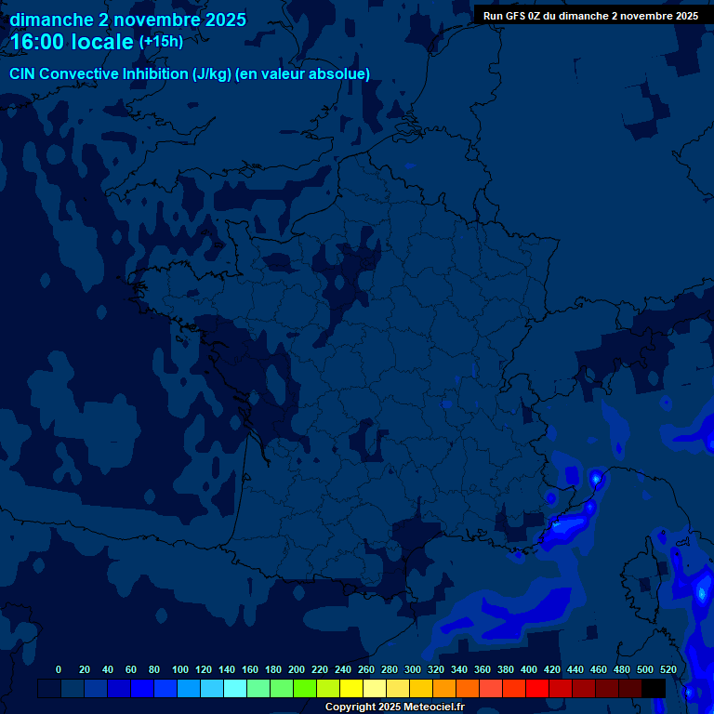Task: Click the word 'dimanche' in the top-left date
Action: [x=50, y=20]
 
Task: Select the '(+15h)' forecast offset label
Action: [x=161, y=42]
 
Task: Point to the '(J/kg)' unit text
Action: [x=214, y=74]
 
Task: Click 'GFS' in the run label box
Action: [x=514, y=16]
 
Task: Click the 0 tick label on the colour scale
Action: [x=59, y=669]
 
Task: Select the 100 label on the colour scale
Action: [x=180, y=669]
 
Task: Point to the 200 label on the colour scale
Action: [x=297, y=669]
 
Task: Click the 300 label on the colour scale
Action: [x=413, y=669]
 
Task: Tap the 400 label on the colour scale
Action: [x=529, y=669]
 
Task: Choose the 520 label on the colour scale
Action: [x=668, y=669]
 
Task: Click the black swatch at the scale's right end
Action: [x=654, y=688]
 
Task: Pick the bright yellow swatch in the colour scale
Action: [x=351, y=688]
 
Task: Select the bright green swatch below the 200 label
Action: [x=305, y=688]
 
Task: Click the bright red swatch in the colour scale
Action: [x=537, y=688]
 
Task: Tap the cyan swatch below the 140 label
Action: [x=235, y=688]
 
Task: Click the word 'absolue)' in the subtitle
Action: [x=340, y=74]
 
